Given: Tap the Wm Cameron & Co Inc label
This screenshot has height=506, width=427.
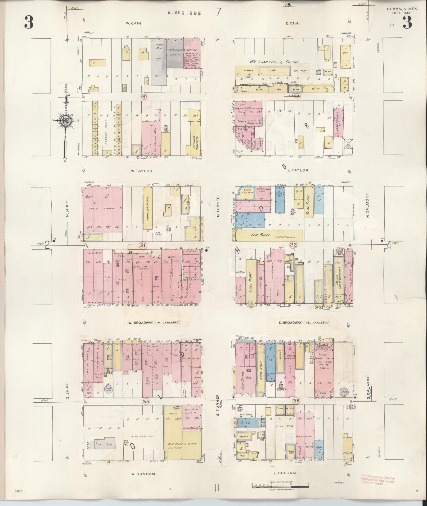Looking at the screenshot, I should click(x=274, y=62).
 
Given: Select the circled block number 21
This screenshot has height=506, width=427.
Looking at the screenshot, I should click(x=143, y=246).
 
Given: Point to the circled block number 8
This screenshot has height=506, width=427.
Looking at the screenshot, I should click(x=144, y=97).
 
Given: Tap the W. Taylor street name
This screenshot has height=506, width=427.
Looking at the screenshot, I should click(x=142, y=171).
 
